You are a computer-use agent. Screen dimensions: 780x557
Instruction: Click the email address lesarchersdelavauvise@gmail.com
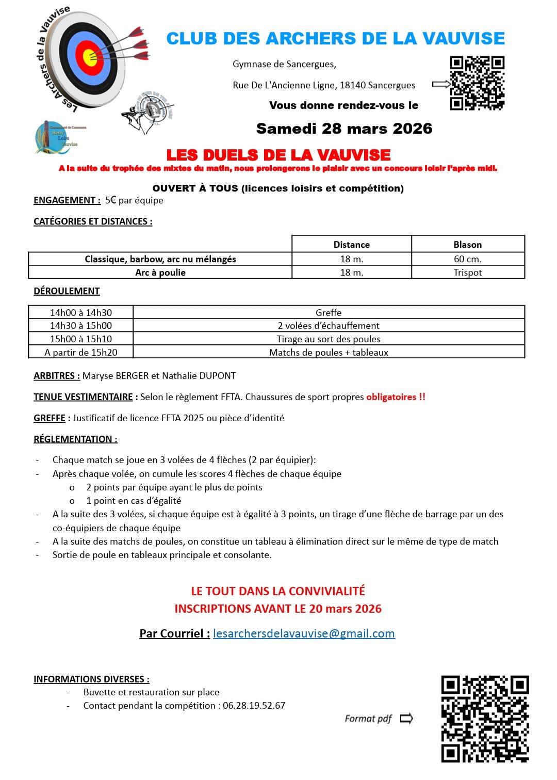304,633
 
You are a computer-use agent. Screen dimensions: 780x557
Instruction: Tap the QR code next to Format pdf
485,719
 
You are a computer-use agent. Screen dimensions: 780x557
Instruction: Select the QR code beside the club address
477,83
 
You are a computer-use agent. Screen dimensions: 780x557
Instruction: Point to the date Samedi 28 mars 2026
344,129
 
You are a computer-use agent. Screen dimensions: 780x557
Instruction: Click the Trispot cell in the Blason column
468,273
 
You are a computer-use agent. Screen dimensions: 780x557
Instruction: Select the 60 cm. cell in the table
468,259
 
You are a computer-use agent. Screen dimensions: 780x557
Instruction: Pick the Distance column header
351,245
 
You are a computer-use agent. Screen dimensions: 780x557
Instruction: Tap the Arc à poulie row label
160,273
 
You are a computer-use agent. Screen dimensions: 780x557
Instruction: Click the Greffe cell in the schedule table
329,312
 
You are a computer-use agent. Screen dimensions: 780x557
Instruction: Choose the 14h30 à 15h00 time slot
81,326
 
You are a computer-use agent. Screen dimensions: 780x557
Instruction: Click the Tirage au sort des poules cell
329,339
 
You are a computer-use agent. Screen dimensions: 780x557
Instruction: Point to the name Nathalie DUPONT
199,376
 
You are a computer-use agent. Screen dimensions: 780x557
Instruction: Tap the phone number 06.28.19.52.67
254,706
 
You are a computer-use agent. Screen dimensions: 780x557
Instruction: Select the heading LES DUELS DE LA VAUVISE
278,155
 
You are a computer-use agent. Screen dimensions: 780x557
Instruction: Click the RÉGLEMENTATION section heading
75,439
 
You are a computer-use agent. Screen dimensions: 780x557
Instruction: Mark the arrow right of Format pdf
406,718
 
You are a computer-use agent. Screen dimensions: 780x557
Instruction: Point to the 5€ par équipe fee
134,200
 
